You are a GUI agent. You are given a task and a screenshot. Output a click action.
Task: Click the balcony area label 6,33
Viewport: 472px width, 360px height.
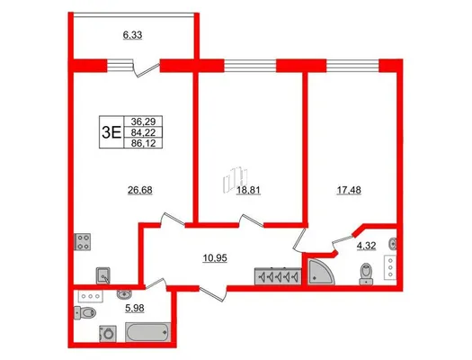pyautogui.click(x=132, y=35)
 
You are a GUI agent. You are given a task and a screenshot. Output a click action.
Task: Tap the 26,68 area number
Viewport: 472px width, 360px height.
pyautogui.click(x=140, y=190)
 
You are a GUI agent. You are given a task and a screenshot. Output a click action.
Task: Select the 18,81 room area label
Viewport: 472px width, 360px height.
pyautogui.click(x=248, y=190)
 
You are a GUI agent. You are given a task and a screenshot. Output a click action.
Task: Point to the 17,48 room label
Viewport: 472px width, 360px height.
pyautogui.click(x=349, y=190)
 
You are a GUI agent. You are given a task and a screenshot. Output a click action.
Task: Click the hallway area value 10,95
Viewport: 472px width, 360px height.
pyautogui.click(x=215, y=258)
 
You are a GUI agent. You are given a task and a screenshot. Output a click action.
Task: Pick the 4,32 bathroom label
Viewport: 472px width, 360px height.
pyautogui.click(x=366, y=246)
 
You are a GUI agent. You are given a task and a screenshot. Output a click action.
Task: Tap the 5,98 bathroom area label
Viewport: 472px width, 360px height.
pyautogui.click(x=134, y=308)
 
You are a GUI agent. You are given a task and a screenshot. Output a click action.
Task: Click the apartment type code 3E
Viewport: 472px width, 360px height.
pyautogui.click(x=111, y=132)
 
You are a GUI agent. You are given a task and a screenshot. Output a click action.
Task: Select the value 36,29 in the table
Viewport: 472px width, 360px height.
pyautogui.click(x=143, y=121)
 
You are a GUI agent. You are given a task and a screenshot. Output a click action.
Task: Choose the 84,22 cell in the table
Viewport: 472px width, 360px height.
pyautogui.click(x=143, y=132)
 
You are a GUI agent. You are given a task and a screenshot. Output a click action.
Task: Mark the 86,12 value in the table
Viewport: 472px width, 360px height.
pyautogui.click(x=143, y=143)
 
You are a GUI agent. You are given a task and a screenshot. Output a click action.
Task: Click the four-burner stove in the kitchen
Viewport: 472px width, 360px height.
pyautogui.click(x=82, y=242)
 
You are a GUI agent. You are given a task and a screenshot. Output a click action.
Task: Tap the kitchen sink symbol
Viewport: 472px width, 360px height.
pyautogui.click(x=103, y=275)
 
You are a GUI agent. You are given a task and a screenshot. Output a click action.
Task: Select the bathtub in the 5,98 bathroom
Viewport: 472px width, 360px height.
pyautogui.click(x=147, y=332)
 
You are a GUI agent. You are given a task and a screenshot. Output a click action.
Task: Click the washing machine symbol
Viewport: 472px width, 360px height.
pyautogui.click(x=108, y=334)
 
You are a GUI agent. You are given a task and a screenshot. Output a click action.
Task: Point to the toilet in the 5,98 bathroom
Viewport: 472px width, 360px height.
pyautogui.click(x=85, y=312)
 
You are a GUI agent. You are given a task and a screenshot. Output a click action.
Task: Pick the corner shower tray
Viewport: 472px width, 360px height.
pyautogui.click(x=321, y=272)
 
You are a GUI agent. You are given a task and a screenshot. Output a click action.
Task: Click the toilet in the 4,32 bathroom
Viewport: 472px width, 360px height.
pyautogui.click(x=366, y=274)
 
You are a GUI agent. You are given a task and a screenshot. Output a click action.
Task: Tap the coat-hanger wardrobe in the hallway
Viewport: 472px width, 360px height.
pyautogui.click(x=278, y=276)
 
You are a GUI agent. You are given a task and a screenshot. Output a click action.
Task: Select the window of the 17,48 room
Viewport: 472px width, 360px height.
pyautogui.click(x=352, y=66)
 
